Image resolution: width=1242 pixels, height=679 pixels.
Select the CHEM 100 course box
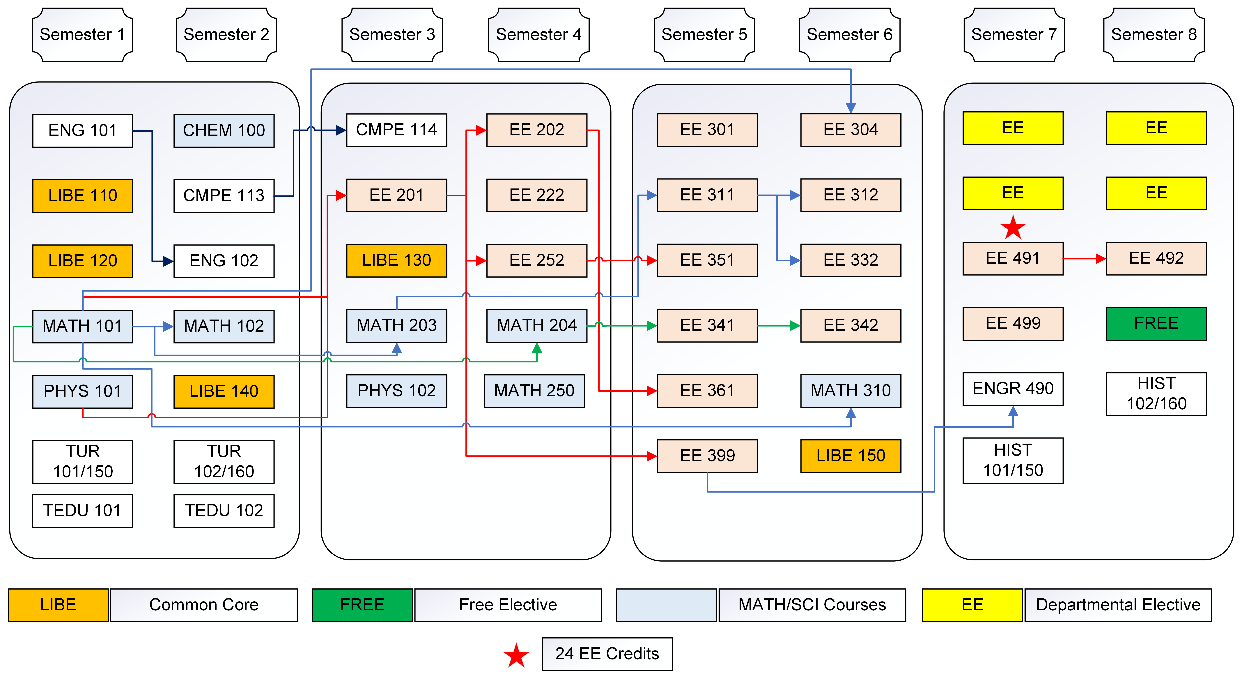coord(224,130)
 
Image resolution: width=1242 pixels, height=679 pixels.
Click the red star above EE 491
coord(1013,228)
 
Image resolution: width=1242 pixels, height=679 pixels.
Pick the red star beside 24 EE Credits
coord(516,655)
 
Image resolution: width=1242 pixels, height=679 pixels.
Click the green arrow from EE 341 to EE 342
coord(779,326)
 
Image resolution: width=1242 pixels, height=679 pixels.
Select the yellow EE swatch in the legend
coord(972,605)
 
